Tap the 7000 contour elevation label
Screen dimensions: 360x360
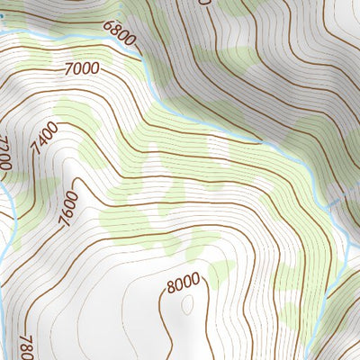pyautogui.click(x=82, y=67)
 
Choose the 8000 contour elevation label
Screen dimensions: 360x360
pyautogui.click(x=183, y=283)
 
